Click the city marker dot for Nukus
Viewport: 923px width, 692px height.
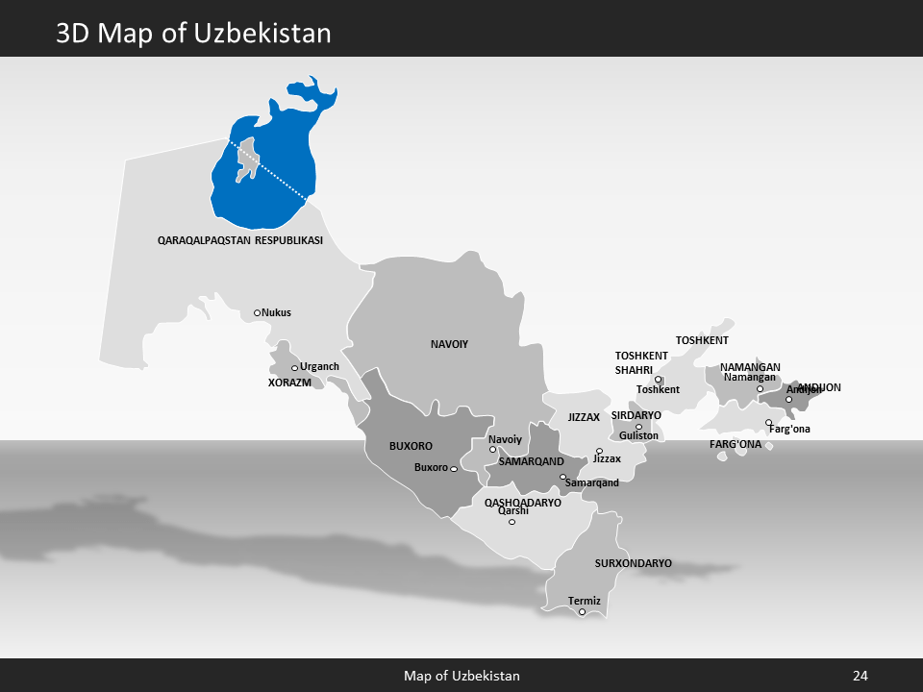(257, 312)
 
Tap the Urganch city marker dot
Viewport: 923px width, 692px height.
(294, 368)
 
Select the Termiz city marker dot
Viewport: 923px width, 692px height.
(582, 612)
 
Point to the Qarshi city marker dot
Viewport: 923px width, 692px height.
(511, 522)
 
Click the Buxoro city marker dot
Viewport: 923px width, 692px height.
(454, 469)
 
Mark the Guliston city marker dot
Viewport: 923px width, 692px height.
(638, 427)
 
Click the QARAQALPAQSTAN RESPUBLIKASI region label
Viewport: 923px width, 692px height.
(239, 240)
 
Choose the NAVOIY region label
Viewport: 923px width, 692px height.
(449, 343)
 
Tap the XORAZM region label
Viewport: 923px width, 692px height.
(289, 383)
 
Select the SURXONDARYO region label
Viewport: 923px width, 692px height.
(633, 563)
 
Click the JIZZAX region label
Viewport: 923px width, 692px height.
(584, 418)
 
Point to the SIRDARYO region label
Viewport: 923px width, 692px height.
(636, 415)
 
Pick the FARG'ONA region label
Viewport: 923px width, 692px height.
(736, 445)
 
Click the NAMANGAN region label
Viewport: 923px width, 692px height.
(750, 367)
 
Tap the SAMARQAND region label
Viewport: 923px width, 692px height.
(531, 462)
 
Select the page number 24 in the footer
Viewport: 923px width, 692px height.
(860, 677)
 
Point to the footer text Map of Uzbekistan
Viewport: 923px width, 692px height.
(461, 677)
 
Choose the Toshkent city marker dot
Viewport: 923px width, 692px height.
(659, 380)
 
